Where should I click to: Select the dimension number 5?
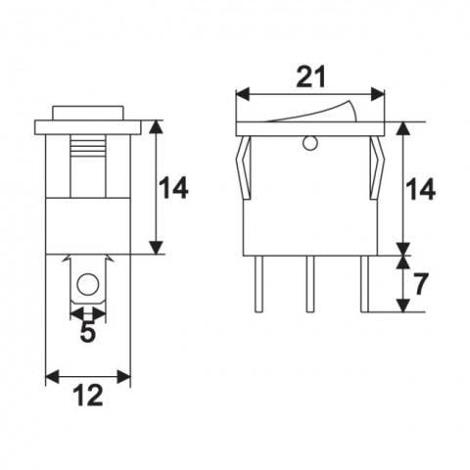coord(87,334)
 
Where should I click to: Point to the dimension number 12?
coord(88,398)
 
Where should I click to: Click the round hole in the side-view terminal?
coord(87,286)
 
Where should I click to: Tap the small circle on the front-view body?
coord(310,145)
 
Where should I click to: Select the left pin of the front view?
coord(259,283)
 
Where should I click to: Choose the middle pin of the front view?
coord(309,283)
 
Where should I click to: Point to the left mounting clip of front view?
coord(241,166)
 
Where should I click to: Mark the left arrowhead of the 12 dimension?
coord(52,376)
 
